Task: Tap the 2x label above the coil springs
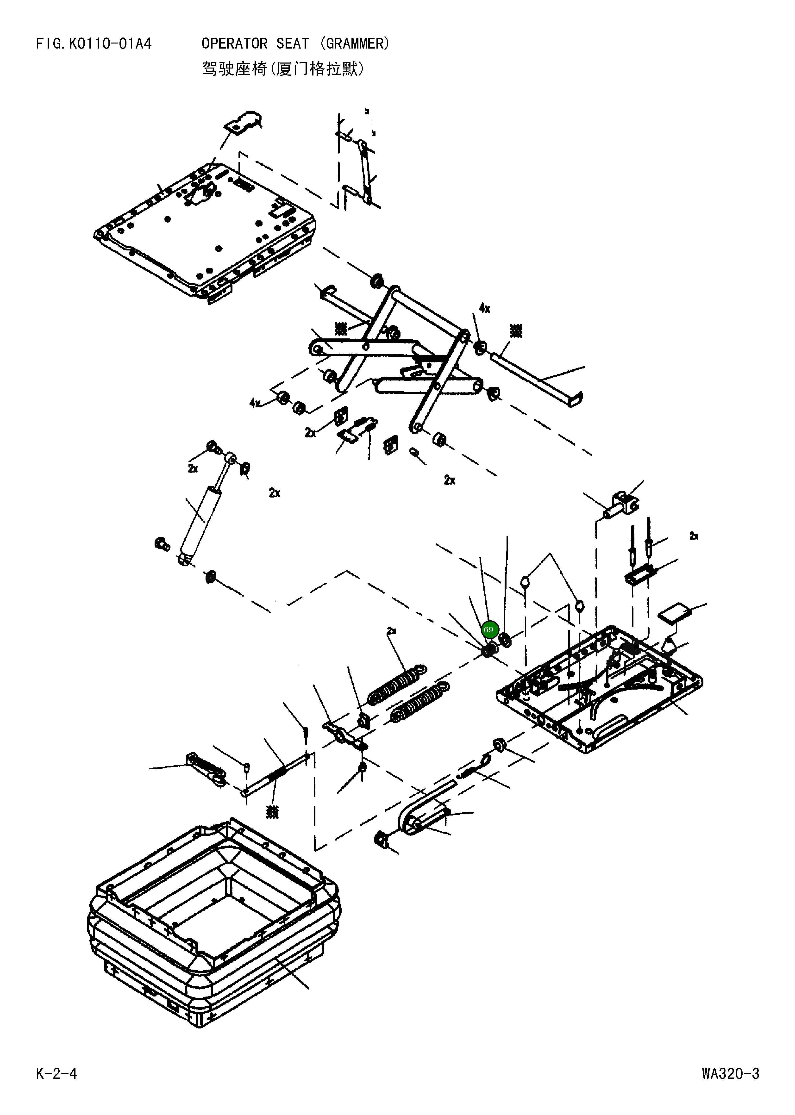click(391, 631)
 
